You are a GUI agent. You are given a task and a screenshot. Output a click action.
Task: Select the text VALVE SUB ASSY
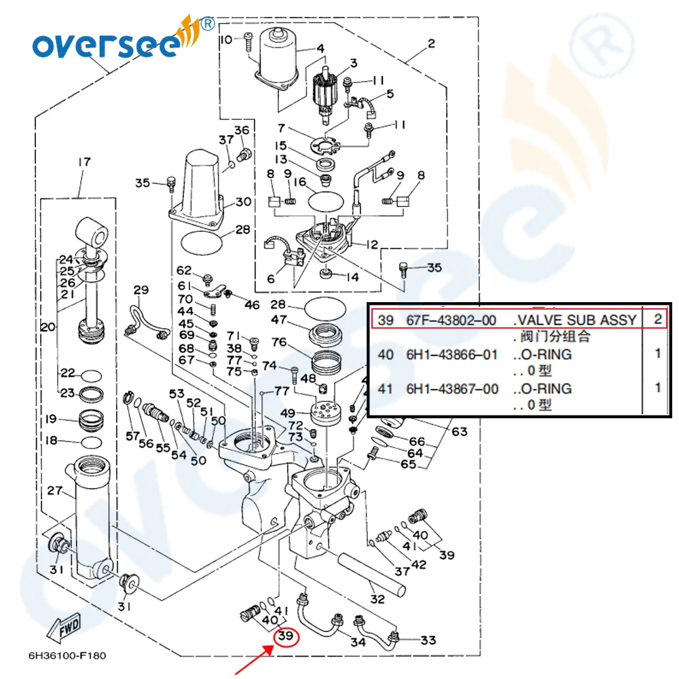point(574,319)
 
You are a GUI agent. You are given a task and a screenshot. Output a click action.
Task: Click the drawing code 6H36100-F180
point(67,656)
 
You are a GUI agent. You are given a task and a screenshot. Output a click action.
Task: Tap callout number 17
point(84,162)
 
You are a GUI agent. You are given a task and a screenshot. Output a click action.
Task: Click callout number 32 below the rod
point(378,599)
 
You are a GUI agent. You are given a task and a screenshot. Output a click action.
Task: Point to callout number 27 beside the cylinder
point(54,490)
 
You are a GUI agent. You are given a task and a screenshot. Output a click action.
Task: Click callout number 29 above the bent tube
point(141,291)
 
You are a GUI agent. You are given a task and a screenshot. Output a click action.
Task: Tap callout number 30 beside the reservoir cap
point(243,202)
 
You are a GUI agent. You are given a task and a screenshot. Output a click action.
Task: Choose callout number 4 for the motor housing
point(320,48)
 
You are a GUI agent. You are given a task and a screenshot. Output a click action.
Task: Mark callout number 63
point(460,431)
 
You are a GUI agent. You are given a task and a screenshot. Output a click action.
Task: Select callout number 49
point(287,413)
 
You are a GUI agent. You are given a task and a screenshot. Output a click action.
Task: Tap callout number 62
point(184,271)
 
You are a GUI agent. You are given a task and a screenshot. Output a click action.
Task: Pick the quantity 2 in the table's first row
point(657,319)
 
